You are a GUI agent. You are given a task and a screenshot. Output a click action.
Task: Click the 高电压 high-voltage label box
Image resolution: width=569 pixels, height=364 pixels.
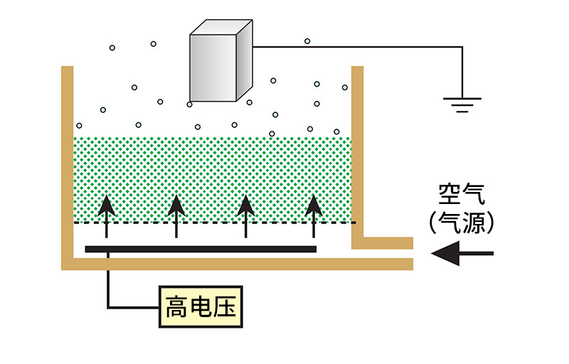(199, 308)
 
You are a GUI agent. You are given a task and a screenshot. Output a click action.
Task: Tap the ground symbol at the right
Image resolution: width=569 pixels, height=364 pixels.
(462, 105)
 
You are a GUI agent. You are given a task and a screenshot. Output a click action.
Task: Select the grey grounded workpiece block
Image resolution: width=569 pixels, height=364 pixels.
(213, 68)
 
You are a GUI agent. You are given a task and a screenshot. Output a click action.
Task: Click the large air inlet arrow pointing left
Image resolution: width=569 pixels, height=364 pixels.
(462, 253)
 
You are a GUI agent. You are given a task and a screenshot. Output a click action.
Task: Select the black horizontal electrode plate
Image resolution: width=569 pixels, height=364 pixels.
(201, 249)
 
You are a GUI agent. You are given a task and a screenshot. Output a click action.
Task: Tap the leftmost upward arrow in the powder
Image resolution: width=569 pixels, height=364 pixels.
(107, 213)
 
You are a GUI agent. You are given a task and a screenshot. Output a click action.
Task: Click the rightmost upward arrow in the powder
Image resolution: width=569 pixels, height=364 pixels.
(314, 213)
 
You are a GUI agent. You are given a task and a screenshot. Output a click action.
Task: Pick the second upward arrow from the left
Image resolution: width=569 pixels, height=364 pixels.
(176, 213)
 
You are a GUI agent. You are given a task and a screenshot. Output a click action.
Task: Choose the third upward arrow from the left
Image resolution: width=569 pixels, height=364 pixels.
(245, 213)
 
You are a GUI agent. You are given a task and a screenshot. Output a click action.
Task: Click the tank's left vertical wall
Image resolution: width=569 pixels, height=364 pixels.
(67, 164)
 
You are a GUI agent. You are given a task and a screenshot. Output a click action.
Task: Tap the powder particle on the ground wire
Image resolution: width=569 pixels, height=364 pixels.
(307, 41)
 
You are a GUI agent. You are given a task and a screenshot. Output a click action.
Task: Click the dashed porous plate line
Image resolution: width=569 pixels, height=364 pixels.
(213, 223)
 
